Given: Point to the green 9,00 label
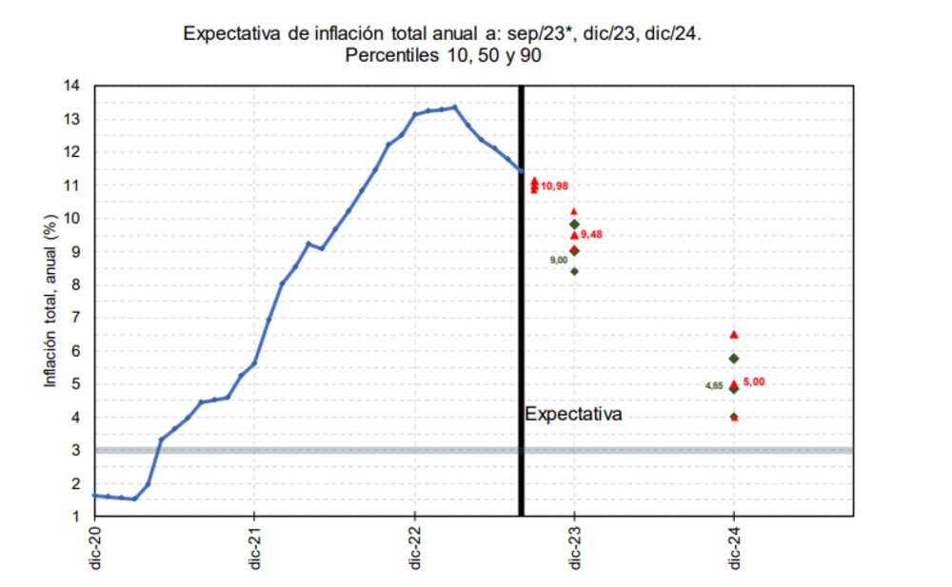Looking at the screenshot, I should pos(559,260).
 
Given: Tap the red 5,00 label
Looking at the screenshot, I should pos(753,382).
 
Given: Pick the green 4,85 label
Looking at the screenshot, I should pos(714,385).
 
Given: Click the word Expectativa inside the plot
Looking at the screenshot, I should pos(574,415).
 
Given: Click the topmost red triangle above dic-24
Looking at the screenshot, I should pos(734,335).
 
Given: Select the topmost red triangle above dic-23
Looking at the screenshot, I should pos(574,211).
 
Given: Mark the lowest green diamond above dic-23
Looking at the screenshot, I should pos(574,271).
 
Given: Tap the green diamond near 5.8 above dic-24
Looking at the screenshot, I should pos(734,359).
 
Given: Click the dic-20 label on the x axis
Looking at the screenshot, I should pos(94,548).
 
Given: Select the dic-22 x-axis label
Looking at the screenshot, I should pos(414,548).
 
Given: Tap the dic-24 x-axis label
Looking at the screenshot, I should pos(734,548).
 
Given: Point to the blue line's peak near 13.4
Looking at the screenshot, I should pos(455,108).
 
